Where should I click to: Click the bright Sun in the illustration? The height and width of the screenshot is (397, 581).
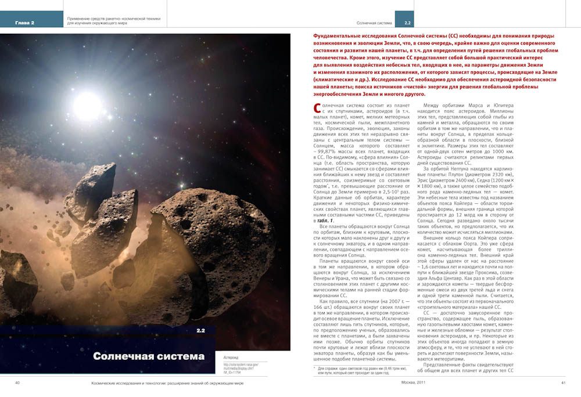tap(87, 104)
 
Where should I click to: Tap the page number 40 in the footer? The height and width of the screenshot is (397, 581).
tap(17, 383)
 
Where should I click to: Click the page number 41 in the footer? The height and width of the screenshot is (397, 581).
tap(563, 383)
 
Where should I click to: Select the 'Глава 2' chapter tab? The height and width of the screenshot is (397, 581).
tap(25, 23)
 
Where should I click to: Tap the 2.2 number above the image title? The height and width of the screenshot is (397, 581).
tap(201, 331)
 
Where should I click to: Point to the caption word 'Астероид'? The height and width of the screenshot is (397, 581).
tap(232, 358)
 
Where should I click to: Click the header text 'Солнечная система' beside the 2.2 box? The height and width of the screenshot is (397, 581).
tap(374, 23)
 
